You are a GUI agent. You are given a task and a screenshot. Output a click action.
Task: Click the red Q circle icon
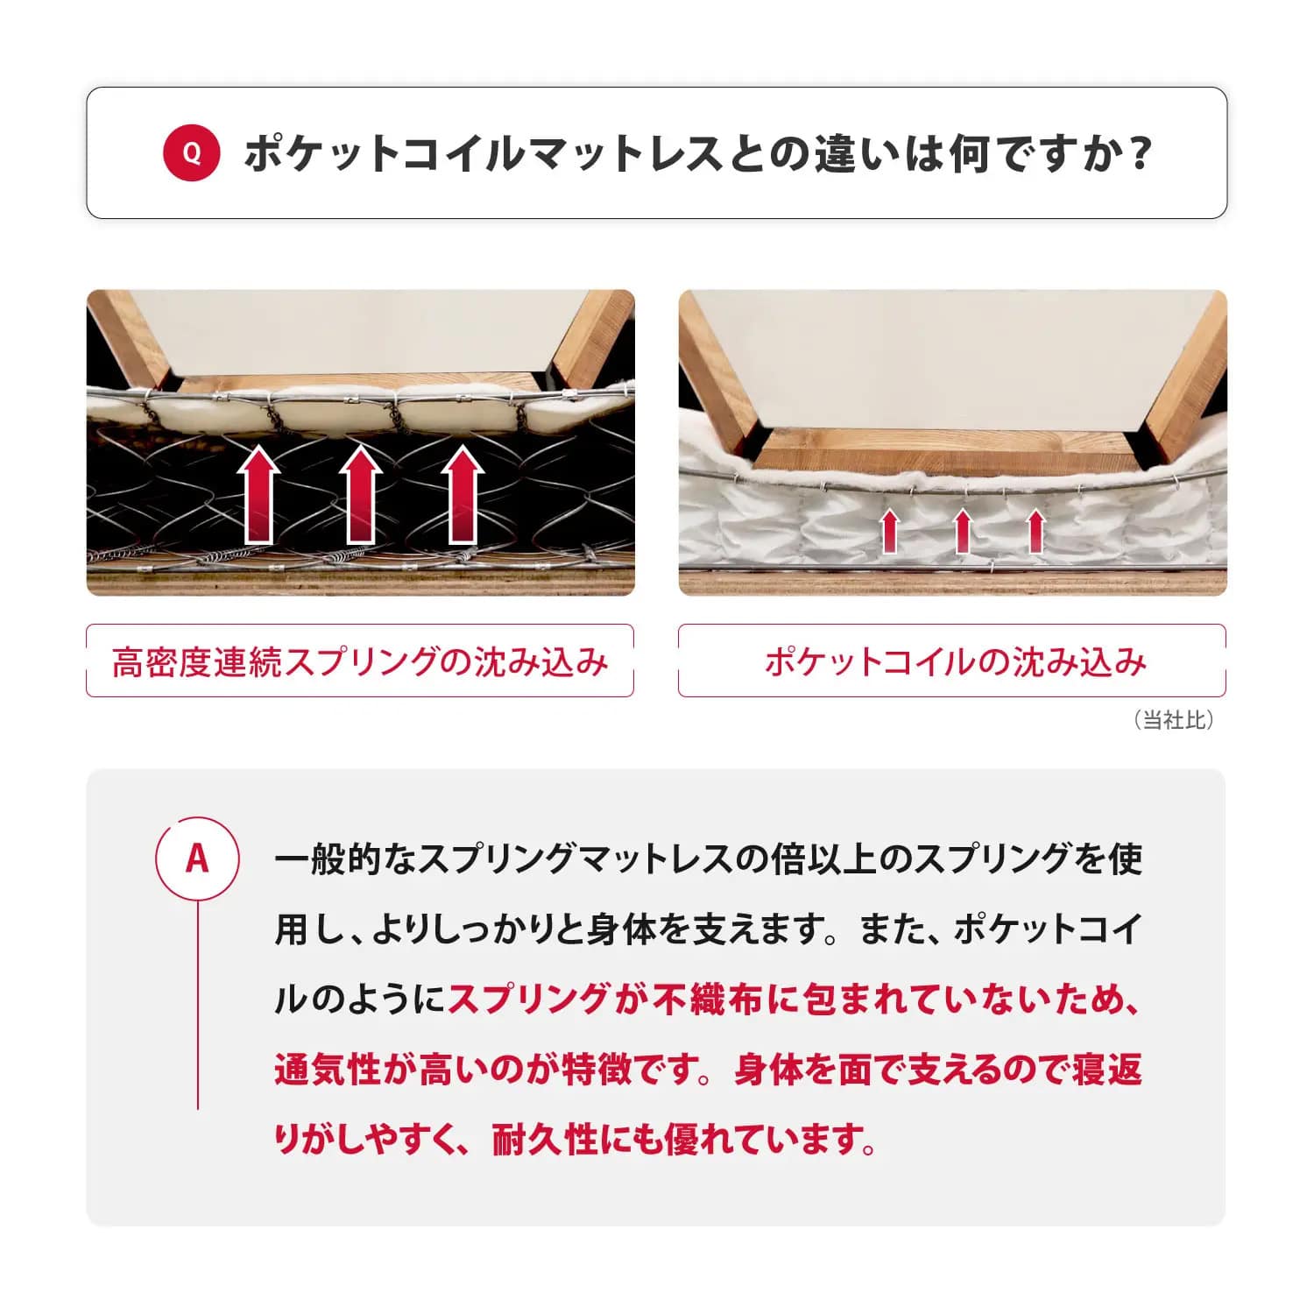pos(191,153)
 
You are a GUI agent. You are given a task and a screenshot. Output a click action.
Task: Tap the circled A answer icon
pos(197,858)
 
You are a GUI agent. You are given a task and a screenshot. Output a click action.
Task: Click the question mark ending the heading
pos(1139,153)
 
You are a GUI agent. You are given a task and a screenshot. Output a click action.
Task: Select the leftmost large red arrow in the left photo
pos(258,495)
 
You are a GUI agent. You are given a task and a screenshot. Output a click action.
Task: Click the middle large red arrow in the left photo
pos(360,495)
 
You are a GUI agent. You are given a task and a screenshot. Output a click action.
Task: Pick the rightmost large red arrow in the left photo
pos(463,495)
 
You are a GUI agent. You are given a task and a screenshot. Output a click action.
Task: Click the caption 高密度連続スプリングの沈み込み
pos(360,661)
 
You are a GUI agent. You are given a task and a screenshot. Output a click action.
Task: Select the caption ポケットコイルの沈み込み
pos(955,661)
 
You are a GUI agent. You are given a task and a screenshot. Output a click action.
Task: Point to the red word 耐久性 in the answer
pos(546,1140)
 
